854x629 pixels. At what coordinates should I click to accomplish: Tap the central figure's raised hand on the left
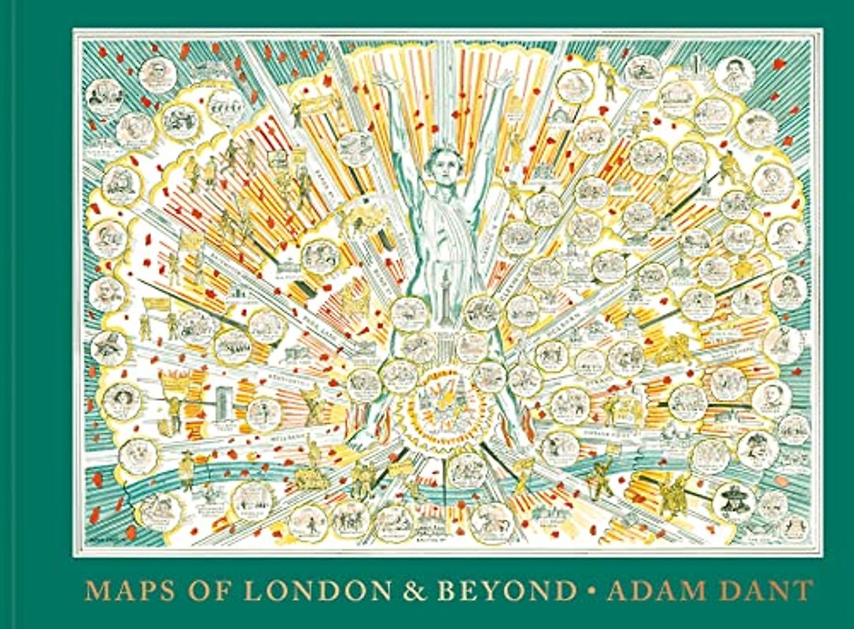(384, 79)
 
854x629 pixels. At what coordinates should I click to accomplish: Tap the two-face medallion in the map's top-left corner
(108, 94)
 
